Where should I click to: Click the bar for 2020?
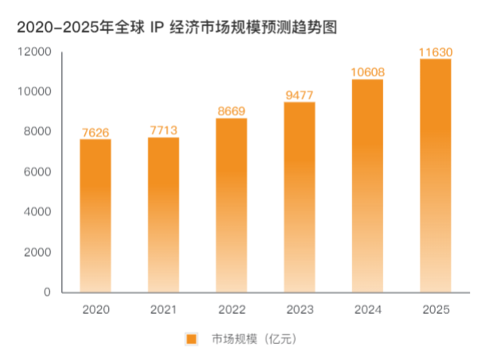tap(95, 215)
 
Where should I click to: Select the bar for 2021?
tap(163, 215)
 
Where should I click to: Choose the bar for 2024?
tap(367, 186)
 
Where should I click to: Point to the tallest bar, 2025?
tap(435, 176)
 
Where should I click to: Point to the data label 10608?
tap(367, 72)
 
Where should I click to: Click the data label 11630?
tap(435, 52)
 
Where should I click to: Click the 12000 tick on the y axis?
tap(36, 52)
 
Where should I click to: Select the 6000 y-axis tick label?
tap(38, 172)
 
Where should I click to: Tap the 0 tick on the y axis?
tap(47, 292)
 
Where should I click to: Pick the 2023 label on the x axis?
tap(299, 308)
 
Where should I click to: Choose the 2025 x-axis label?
tap(435, 308)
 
